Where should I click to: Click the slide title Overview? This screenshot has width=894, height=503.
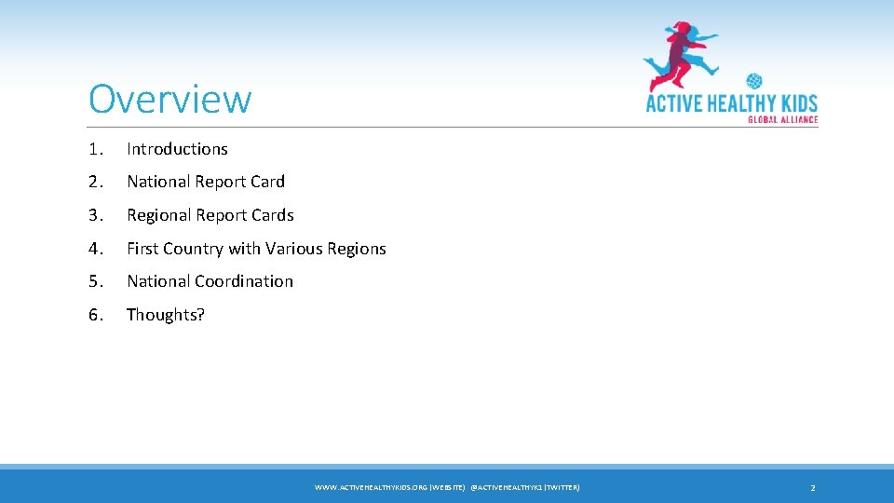[x=170, y=99]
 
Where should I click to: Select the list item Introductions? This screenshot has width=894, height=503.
[x=177, y=149]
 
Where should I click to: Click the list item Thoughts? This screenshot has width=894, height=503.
[x=166, y=315]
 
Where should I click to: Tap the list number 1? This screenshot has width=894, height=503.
[x=94, y=149]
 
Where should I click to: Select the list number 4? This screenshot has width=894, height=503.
[x=94, y=249]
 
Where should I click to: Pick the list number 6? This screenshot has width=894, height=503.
[x=94, y=315]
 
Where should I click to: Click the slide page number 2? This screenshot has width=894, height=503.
[x=813, y=488]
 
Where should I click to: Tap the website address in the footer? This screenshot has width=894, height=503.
[x=389, y=488]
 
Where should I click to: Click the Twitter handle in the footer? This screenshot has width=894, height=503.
[x=525, y=488]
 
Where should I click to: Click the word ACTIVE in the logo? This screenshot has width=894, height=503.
[x=675, y=102]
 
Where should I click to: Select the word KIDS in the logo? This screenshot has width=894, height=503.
[x=793, y=102]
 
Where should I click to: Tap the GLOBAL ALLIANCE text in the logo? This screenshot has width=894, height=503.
[x=782, y=119]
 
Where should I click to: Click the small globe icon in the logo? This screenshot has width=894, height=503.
[x=753, y=82]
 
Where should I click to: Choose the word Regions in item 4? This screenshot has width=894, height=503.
[x=357, y=249]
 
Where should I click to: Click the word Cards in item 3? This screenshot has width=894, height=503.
[x=273, y=215]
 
